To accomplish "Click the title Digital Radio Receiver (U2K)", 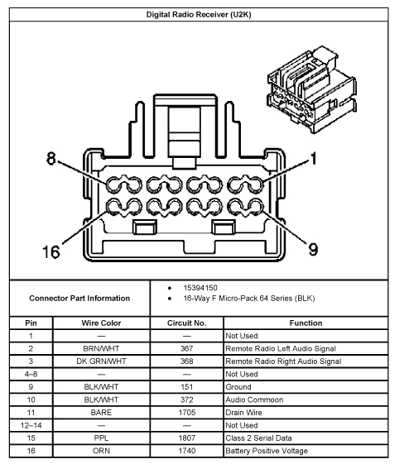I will (x=202, y=15).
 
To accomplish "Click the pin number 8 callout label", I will (x=51, y=160).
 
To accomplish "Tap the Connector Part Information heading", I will (x=79, y=298).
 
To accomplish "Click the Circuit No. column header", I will (x=187, y=323).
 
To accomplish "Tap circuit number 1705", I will (x=187, y=413).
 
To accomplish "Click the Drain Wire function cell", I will (x=246, y=413).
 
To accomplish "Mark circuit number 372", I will (x=187, y=400).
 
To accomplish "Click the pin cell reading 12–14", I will (x=31, y=425).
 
